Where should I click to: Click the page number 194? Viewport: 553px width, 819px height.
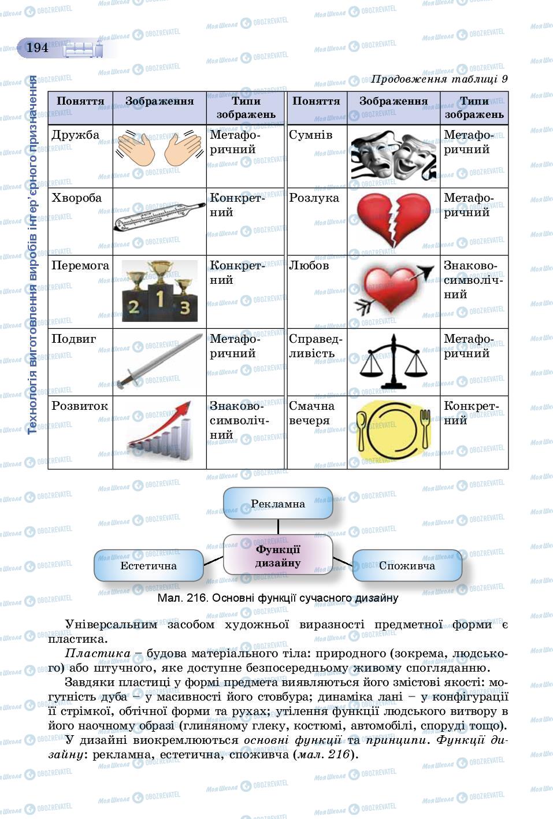coord(38,48)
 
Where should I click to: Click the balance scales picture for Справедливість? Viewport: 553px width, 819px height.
coord(394,362)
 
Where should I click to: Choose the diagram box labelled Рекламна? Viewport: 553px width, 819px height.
coord(278,503)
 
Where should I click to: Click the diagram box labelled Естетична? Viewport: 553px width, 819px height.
coord(149,565)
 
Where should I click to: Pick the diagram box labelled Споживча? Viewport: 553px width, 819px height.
coord(407,565)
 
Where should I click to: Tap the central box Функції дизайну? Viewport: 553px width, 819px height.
coord(278,555)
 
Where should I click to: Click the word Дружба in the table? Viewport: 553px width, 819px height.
coord(76,135)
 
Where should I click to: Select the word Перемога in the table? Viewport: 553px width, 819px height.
coord(80,266)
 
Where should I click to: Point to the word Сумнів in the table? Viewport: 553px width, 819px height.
coord(311,135)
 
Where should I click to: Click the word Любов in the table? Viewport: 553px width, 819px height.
coord(309,266)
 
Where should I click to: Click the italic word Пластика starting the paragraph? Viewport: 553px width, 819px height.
coord(98,653)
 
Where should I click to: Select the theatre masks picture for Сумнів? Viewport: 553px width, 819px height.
coord(394,155)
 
